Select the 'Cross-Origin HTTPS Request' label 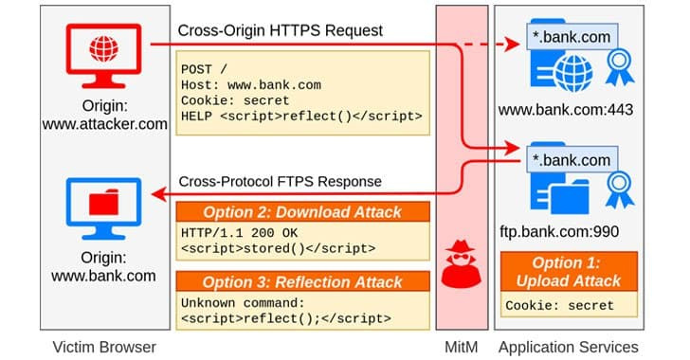point(280,32)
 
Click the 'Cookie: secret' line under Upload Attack point(559,306)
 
